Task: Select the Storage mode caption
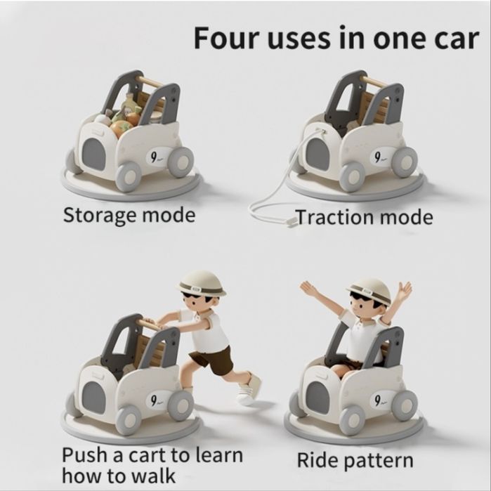click(x=129, y=216)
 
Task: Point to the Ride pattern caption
click(x=355, y=461)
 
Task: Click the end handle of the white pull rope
click(x=292, y=223)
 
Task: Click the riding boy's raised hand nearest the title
click(x=406, y=289)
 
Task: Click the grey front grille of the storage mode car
click(x=93, y=154)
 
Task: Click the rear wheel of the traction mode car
click(x=405, y=162)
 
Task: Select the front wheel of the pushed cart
click(x=129, y=419)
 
